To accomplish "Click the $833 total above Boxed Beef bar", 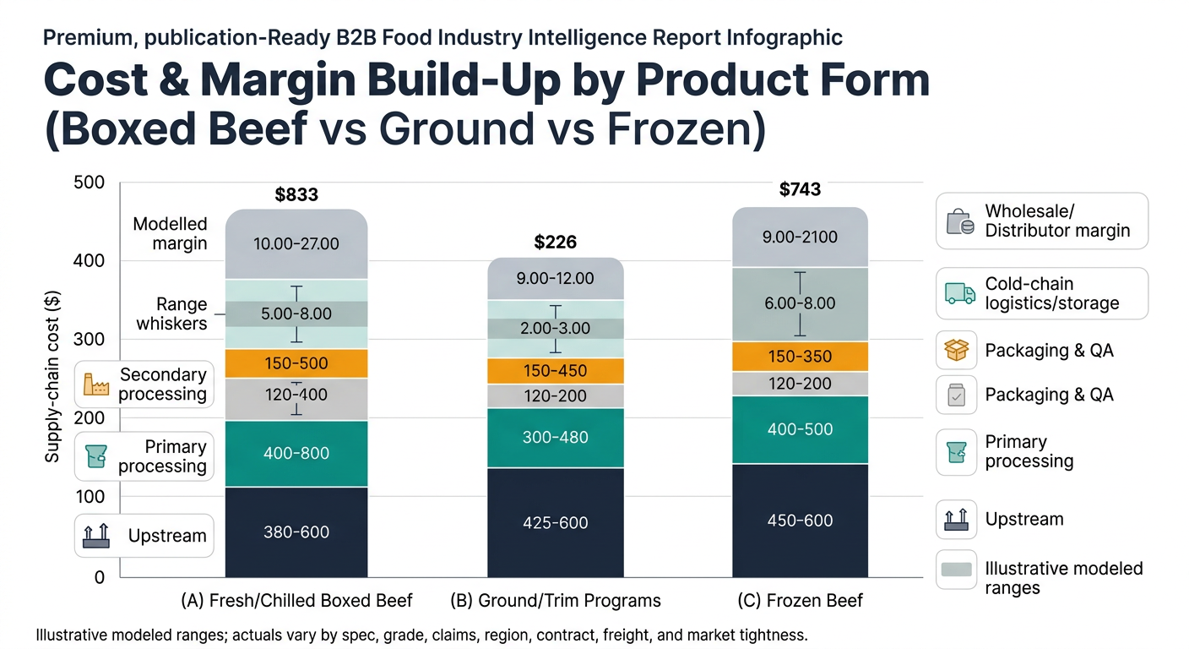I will click(x=296, y=195).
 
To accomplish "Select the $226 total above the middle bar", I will click(x=555, y=243).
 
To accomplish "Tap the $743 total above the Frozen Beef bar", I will click(x=799, y=189).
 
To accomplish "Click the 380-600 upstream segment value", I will click(x=296, y=532).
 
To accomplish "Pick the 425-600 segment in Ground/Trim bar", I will click(x=555, y=523).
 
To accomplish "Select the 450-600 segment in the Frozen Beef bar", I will click(x=799, y=521).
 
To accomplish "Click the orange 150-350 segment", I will click(x=799, y=357).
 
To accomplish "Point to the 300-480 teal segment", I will click(x=555, y=438).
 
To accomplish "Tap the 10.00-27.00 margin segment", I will click(x=296, y=244).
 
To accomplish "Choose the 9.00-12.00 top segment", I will click(x=555, y=278).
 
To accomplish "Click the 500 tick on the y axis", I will click(x=90, y=183).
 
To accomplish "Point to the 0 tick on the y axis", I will click(x=99, y=578).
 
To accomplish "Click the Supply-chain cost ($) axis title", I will click(x=52, y=377).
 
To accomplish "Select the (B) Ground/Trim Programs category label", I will click(x=556, y=601).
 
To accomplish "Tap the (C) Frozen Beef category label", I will click(x=800, y=601).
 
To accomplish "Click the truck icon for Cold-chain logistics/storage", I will click(x=957, y=293).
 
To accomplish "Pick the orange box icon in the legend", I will click(x=957, y=350).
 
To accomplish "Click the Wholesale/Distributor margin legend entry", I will click(x=1042, y=221).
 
